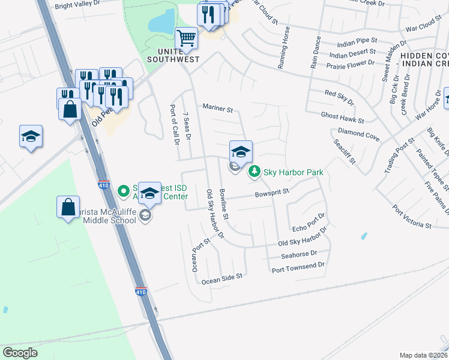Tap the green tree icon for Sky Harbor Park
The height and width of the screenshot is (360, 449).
click(255, 173)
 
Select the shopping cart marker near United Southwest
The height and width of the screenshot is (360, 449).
click(186, 38)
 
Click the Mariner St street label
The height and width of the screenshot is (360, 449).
click(217, 109)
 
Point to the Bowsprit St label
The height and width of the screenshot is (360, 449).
click(272, 193)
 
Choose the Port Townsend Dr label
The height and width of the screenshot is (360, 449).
click(298, 265)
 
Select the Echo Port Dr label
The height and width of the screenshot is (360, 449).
click(308, 223)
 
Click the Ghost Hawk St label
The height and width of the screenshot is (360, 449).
click(342, 117)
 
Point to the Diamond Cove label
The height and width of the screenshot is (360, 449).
click(358, 134)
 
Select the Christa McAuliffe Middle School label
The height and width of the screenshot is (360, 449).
click(104, 209)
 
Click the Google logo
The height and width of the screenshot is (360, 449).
click(20, 352)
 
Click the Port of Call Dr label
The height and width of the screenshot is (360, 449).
click(175, 125)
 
